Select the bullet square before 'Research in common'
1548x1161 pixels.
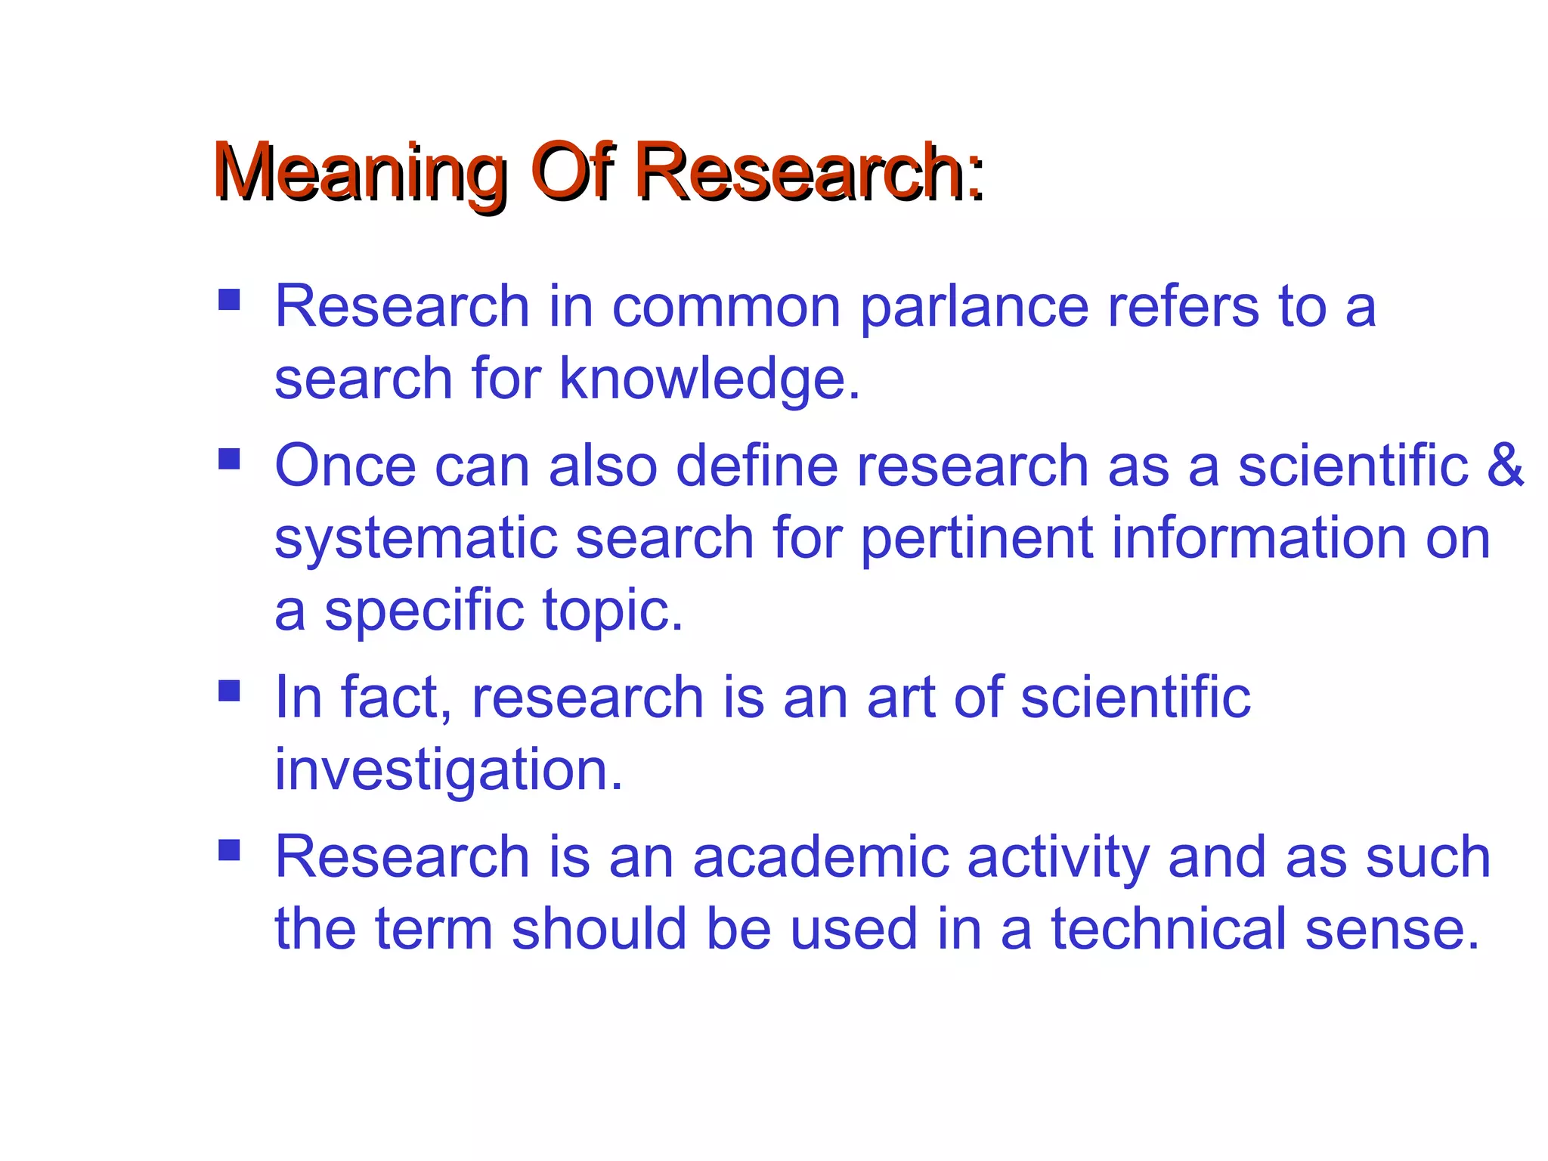tap(229, 300)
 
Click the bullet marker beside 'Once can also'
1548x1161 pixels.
tap(229, 459)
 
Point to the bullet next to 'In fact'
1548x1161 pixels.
tap(229, 691)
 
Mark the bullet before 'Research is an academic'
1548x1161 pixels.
tap(229, 851)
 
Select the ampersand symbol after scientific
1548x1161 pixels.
tap(1505, 465)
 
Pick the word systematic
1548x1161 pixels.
tap(415, 538)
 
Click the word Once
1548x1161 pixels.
tap(345, 466)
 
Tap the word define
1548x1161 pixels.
tap(757, 466)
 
